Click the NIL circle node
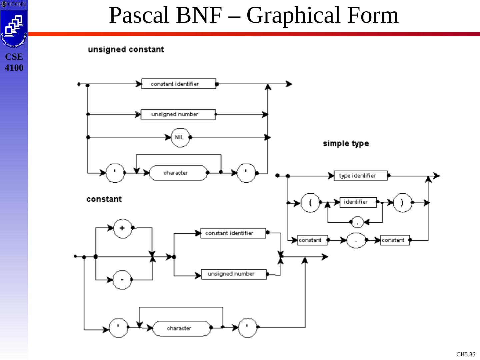pyautogui.click(x=180, y=137)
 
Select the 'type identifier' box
pyautogui.click(x=361, y=176)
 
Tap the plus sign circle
pyautogui.click(x=122, y=228)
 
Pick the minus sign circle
pyautogui.click(x=122, y=279)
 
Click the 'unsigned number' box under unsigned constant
pyautogui.click(x=178, y=114)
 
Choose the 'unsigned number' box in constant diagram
pyautogui.click(x=234, y=274)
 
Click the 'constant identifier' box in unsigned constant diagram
pyautogui.click(x=179, y=84)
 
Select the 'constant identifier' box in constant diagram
pyautogui.click(x=233, y=233)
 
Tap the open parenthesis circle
pyautogui.click(x=310, y=202)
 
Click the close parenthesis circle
pyautogui.click(x=402, y=202)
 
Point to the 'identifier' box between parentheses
pyautogui.click(x=358, y=202)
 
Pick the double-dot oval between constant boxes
pyautogui.click(x=356, y=240)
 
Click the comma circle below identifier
pyautogui.click(x=357, y=222)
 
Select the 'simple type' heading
pyautogui.click(x=346, y=144)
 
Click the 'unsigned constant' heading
pyautogui.click(x=126, y=50)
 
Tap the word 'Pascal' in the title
pyautogui.click(x=140, y=15)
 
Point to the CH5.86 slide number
pyautogui.click(x=465, y=354)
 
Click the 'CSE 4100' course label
pyautogui.click(x=14, y=62)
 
